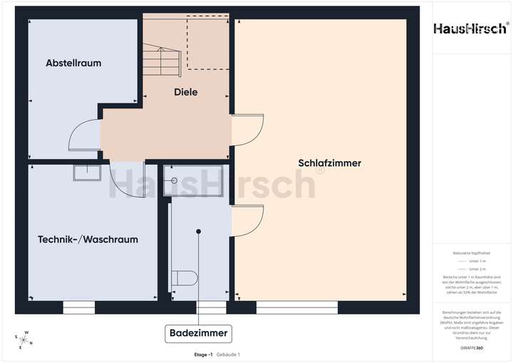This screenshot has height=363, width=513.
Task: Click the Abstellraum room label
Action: (73, 63)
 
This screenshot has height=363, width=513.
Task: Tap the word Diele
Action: (186, 92)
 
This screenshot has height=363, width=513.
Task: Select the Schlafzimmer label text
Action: (330, 163)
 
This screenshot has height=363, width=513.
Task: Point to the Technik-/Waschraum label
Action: (88, 240)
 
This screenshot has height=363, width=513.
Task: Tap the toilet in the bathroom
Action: (185, 277)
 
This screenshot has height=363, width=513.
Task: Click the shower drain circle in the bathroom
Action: (172, 181)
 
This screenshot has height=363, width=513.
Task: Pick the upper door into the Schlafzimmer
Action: (248, 129)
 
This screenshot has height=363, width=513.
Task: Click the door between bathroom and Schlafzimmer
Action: (248, 220)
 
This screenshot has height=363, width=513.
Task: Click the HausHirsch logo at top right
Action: (471, 29)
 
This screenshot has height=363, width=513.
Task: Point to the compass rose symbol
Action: (23, 339)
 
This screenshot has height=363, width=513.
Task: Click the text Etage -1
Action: (204, 354)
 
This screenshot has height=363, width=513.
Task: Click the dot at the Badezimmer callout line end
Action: (199, 231)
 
